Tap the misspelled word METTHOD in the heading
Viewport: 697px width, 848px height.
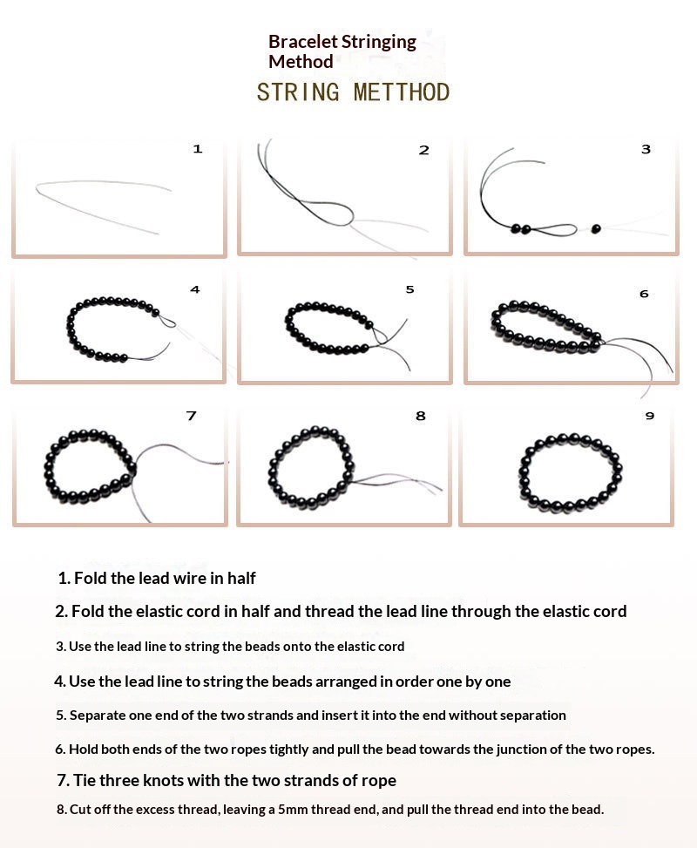point(402,92)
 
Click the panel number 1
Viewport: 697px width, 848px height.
point(198,149)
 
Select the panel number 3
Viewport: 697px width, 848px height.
point(646,149)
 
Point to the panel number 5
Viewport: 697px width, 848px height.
point(409,289)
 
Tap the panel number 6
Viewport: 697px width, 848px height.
point(644,294)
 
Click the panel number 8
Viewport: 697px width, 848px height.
point(421,416)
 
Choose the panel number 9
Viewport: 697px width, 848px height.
point(650,416)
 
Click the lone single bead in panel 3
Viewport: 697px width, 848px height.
point(596,229)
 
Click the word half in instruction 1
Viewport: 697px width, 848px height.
point(241,578)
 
